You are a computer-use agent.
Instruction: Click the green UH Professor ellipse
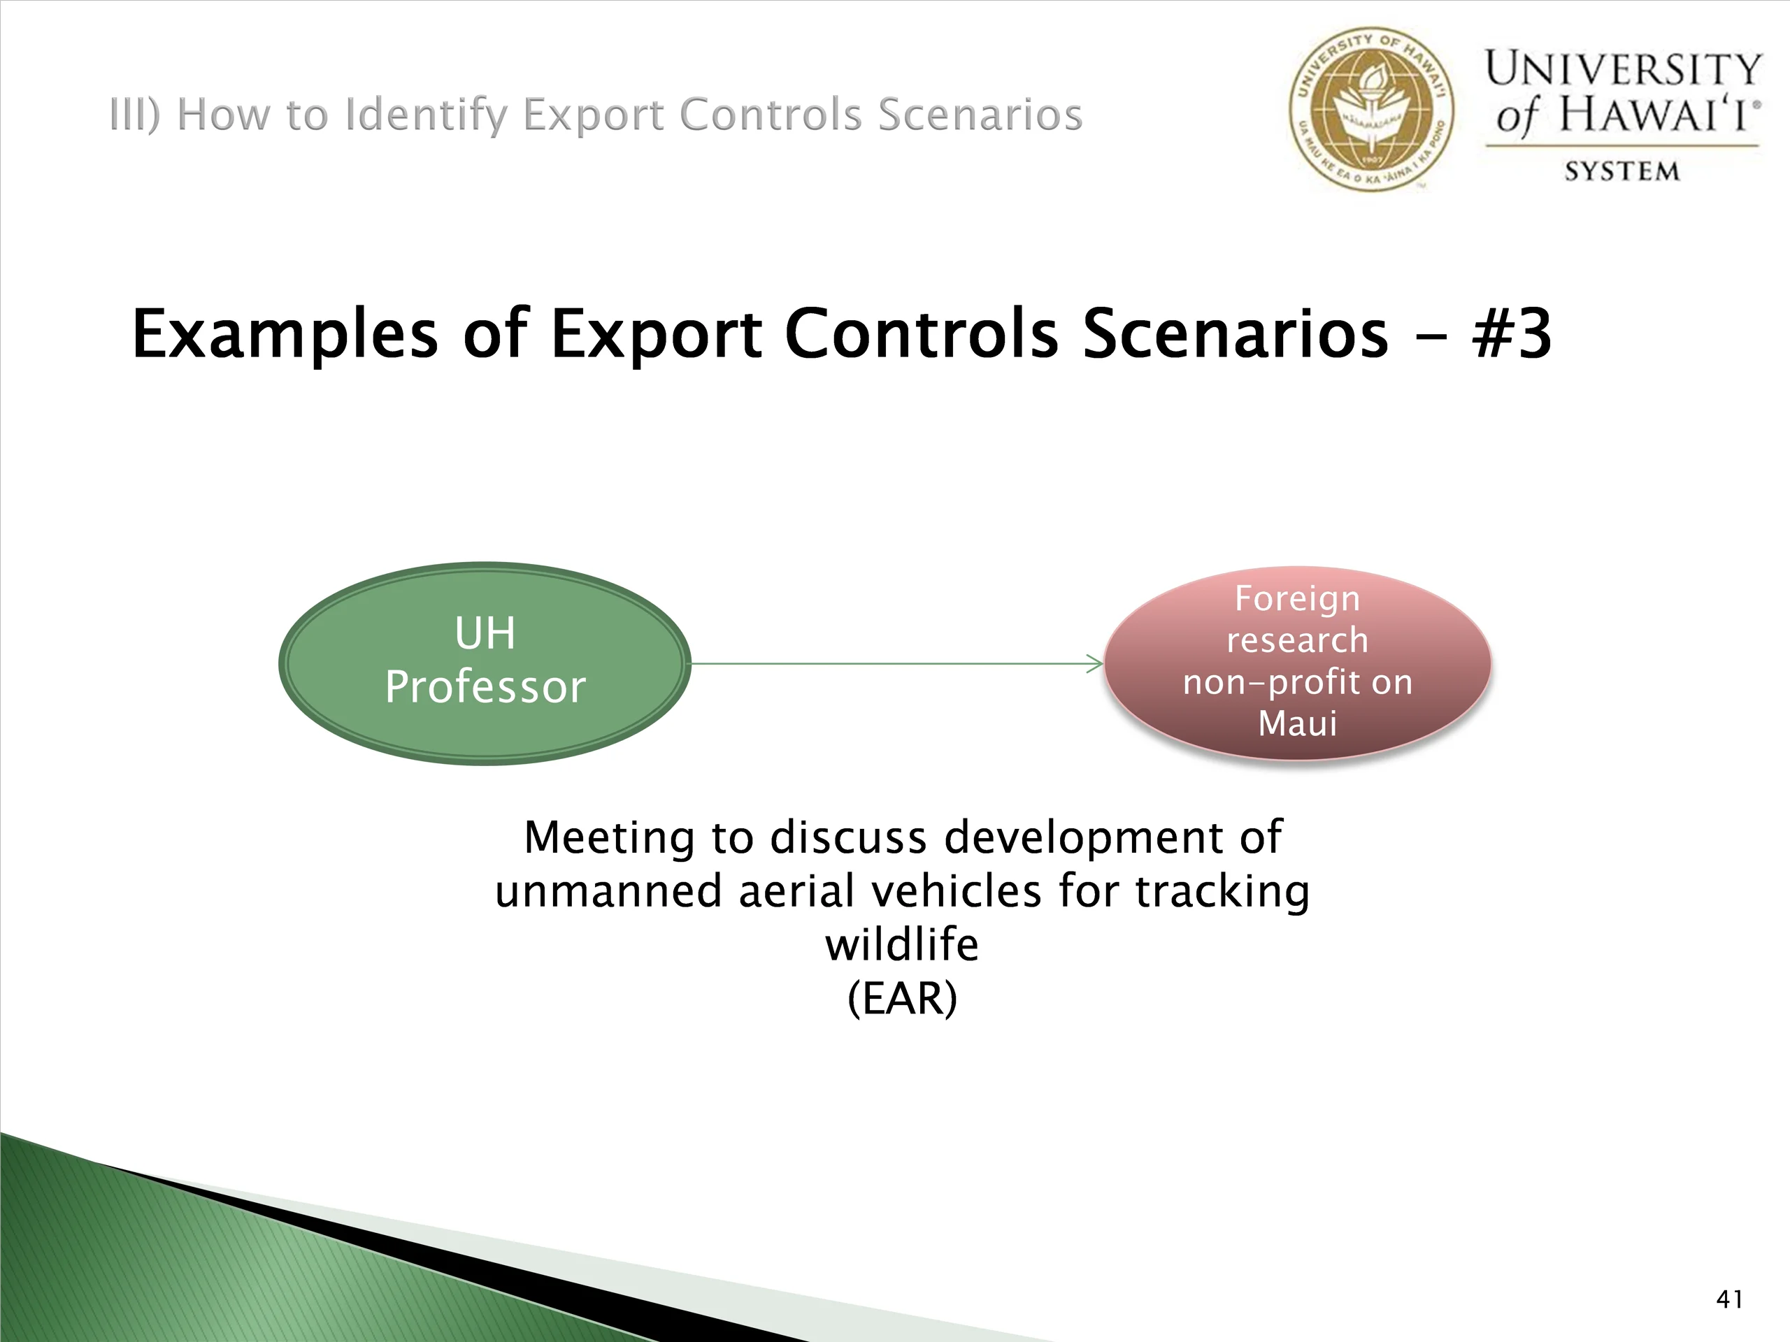pos(485,663)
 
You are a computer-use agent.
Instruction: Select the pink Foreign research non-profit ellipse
pos(1297,663)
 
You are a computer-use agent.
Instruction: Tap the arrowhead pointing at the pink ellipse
pos(1095,664)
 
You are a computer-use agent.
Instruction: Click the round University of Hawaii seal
pos(1371,109)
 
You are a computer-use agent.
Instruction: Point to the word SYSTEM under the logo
pos(1621,171)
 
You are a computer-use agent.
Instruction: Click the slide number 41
pos(1729,1299)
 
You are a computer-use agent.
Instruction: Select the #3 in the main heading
pos(1512,333)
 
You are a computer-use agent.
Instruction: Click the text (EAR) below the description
pos(902,999)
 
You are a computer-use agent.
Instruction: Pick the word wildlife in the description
pos(901,944)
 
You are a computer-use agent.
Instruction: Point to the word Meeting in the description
pos(608,838)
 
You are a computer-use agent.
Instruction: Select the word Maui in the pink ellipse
pos(1297,722)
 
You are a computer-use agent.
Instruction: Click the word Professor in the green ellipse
pos(485,687)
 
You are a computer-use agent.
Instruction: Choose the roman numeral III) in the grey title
pos(135,114)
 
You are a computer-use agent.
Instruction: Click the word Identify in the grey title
pos(429,115)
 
